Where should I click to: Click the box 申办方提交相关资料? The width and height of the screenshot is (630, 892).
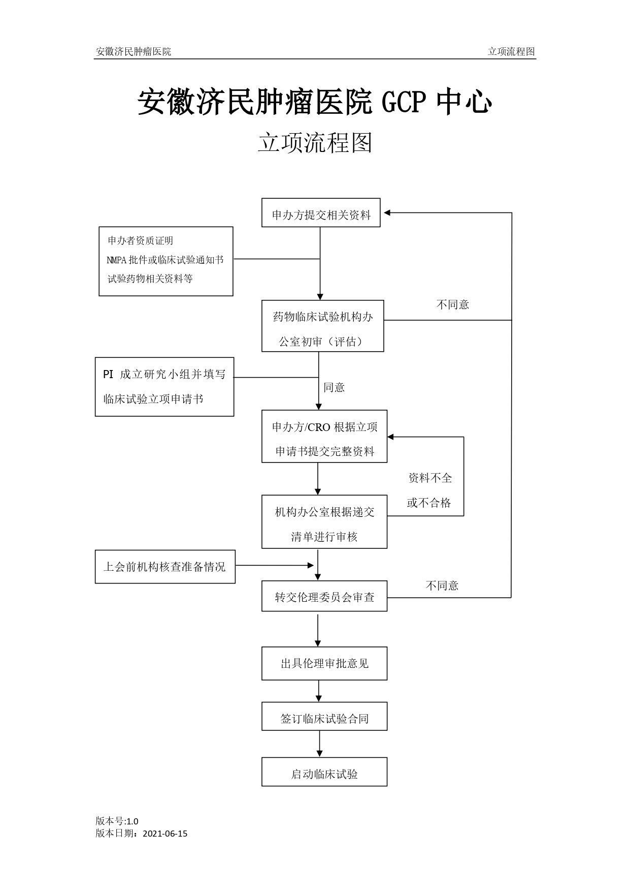click(x=321, y=213)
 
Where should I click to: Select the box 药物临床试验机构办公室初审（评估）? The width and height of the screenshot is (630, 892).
click(x=322, y=326)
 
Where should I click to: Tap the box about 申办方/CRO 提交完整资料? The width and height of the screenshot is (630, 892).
click(x=324, y=436)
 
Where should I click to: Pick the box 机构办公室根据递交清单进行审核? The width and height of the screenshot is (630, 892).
click(x=324, y=522)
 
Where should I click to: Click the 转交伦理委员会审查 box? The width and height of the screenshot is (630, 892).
click(x=324, y=596)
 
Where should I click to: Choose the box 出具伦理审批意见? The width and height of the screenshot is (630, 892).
click(x=324, y=663)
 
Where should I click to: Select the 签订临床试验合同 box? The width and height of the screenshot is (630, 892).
click(x=324, y=717)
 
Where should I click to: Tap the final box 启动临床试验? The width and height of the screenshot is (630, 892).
click(x=324, y=772)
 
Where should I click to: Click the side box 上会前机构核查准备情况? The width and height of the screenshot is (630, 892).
click(x=165, y=567)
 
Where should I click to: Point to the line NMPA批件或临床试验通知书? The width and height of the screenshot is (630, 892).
click(x=165, y=260)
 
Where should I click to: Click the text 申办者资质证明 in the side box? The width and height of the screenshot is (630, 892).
click(x=140, y=240)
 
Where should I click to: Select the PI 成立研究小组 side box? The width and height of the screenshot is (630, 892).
click(x=164, y=387)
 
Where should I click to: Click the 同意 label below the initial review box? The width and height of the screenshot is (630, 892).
click(x=334, y=387)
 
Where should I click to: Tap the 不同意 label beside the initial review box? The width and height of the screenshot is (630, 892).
click(x=452, y=304)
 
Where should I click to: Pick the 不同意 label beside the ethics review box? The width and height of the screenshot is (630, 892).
click(x=442, y=586)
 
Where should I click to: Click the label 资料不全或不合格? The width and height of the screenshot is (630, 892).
click(x=429, y=490)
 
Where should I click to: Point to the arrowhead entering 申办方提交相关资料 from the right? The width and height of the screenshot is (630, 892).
click(x=387, y=213)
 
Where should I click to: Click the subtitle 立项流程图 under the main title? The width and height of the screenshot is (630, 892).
click(x=315, y=143)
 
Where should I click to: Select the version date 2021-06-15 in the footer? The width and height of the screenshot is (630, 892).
click(x=165, y=834)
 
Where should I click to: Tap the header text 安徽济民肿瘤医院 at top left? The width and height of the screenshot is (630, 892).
click(x=133, y=51)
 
